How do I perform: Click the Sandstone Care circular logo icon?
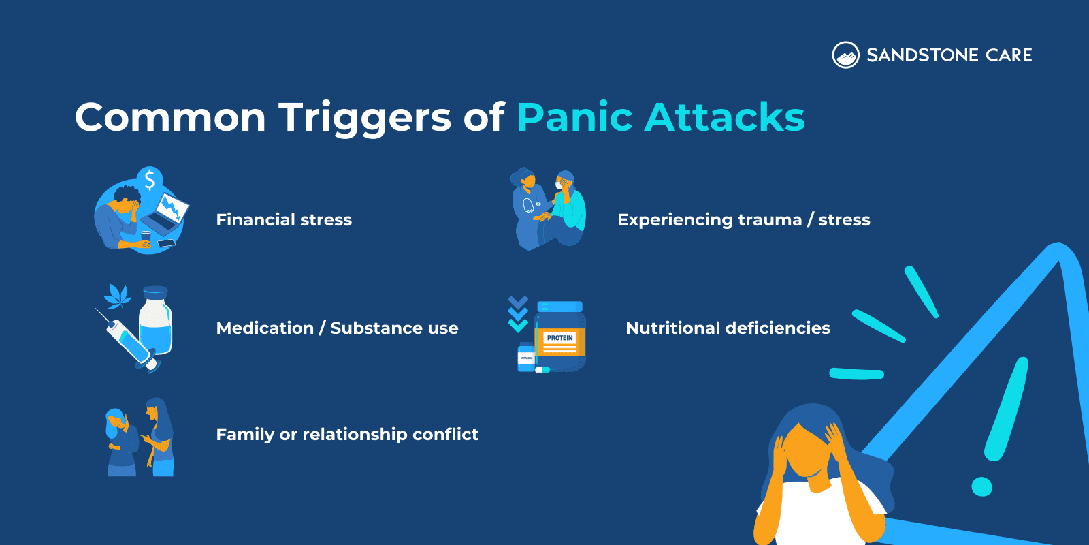[x=845, y=55]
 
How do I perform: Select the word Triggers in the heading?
[x=364, y=117]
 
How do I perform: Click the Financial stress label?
[x=284, y=220]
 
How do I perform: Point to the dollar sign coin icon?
[x=150, y=180]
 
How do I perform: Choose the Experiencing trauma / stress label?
[x=743, y=220]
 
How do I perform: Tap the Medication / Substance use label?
[x=337, y=328]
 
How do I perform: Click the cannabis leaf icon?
[x=118, y=296]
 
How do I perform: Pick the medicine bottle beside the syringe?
[x=156, y=320]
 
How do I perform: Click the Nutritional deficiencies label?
[x=728, y=328]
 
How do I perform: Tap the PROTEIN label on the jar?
[x=560, y=338]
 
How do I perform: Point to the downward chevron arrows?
[x=518, y=313]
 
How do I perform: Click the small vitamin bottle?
[x=526, y=357]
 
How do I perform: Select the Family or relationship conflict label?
[x=347, y=435]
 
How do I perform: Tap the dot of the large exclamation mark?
[x=981, y=486]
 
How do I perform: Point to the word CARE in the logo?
[x=1009, y=55]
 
